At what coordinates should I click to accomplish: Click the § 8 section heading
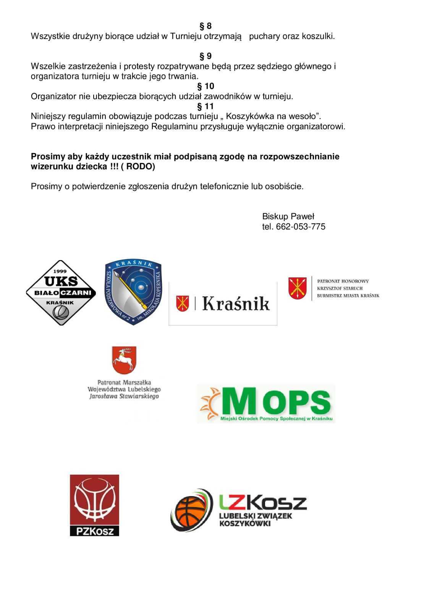pyautogui.click(x=205, y=26)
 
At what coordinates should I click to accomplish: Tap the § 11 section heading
pyautogui.click(x=205, y=106)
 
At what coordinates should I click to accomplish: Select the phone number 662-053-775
pyautogui.click(x=301, y=226)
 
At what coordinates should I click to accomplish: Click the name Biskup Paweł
pyautogui.click(x=288, y=216)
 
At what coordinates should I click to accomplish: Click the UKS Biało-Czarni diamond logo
pyautogui.click(x=61, y=293)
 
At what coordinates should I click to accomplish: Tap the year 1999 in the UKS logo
pyautogui.click(x=60, y=271)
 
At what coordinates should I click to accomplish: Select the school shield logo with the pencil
pyautogui.click(x=133, y=291)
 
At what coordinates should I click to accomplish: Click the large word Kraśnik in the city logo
pyautogui.click(x=236, y=303)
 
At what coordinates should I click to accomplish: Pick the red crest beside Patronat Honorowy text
pyautogui.click(x=298, y=288)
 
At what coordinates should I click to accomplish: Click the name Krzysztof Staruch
pyautogui.click(x=340, y=288)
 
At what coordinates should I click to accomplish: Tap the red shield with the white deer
pyautogui.click(x=124, y=360)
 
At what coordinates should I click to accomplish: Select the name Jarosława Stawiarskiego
pyautogui.click(x=124, y=396)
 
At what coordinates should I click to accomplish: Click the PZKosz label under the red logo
pyautogui.click(x=94, y=531)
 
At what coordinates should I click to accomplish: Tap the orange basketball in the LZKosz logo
pyautogui.click(x=190, y=511)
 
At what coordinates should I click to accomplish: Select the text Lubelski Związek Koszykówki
pyautogui.click(x=256, y=519)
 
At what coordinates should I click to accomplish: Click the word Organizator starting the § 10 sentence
pyautogui.click(x=53, y=96)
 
